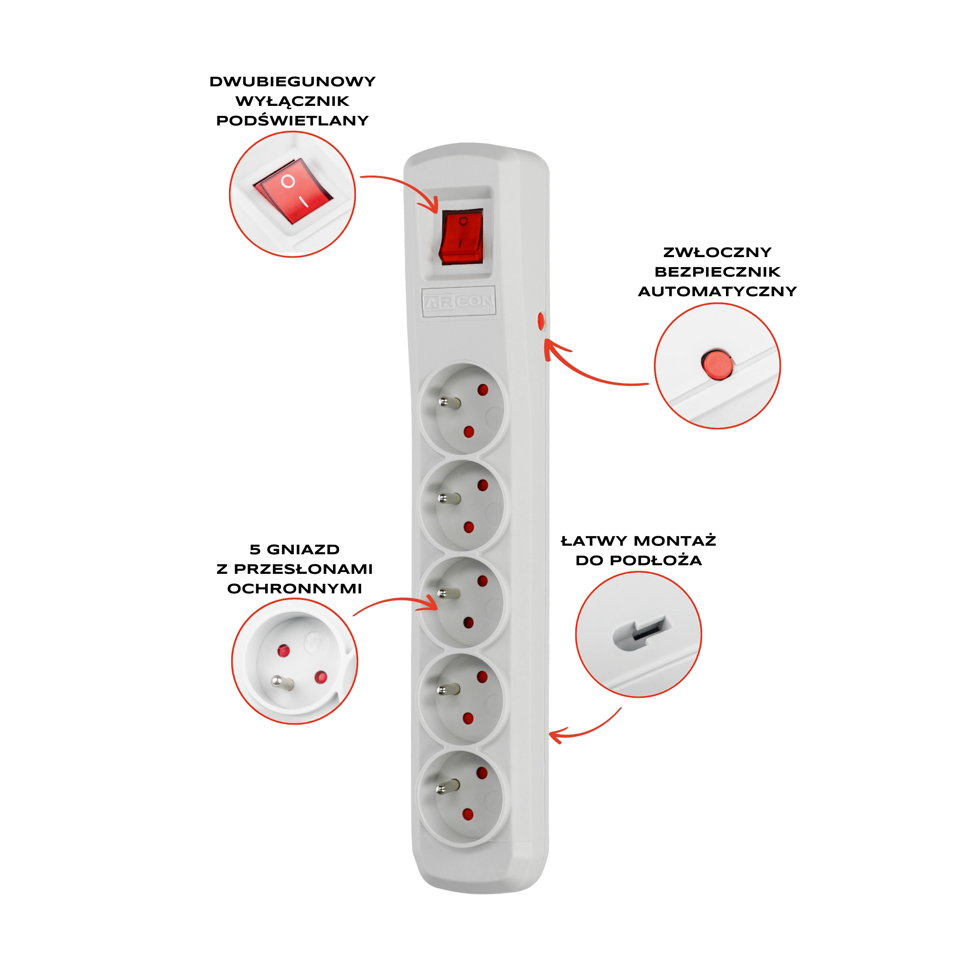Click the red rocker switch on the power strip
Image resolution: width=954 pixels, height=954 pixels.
(x=461, y=237)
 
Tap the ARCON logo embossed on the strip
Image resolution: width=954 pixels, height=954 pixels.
(x=459, y=301)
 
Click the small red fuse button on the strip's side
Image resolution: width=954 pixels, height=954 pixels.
(x=541, y=321)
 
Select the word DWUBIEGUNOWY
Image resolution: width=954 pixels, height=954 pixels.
(x=292, y=82)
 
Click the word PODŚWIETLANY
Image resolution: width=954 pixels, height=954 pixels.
(x=292, y=121)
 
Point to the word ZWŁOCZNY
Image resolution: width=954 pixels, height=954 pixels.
(x=717, y=252)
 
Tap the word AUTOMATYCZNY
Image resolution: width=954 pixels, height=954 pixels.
(x=717, y=291)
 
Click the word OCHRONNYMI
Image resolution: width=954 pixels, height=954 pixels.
(x=295, y=589)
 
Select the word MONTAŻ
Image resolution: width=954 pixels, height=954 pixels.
(x=674, y=541)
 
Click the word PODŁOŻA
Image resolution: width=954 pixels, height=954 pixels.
(x=656, y=560)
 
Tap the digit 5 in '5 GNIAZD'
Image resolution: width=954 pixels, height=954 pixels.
(x=255, y=550)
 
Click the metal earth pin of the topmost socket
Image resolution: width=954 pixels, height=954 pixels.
(x=449, y=403)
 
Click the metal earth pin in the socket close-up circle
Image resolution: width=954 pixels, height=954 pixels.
(x=282, y=683)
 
